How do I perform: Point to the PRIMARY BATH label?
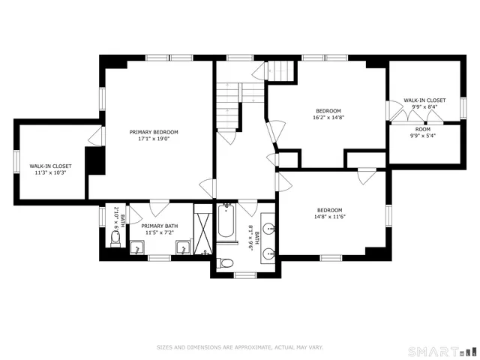point(160,226)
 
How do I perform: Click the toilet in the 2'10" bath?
point(115,239)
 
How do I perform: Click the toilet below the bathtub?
point(226,262)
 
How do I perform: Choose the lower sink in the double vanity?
point(269,254)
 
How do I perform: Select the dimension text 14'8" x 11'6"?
point(329,217)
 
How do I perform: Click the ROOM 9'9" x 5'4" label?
point(423,133)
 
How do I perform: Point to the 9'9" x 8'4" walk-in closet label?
point(424,103)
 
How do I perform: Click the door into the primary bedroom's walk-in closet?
point(94,136)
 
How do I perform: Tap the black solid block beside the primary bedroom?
point(94,160)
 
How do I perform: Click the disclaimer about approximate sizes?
point(239,347)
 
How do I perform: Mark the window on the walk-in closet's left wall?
point(16,161)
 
